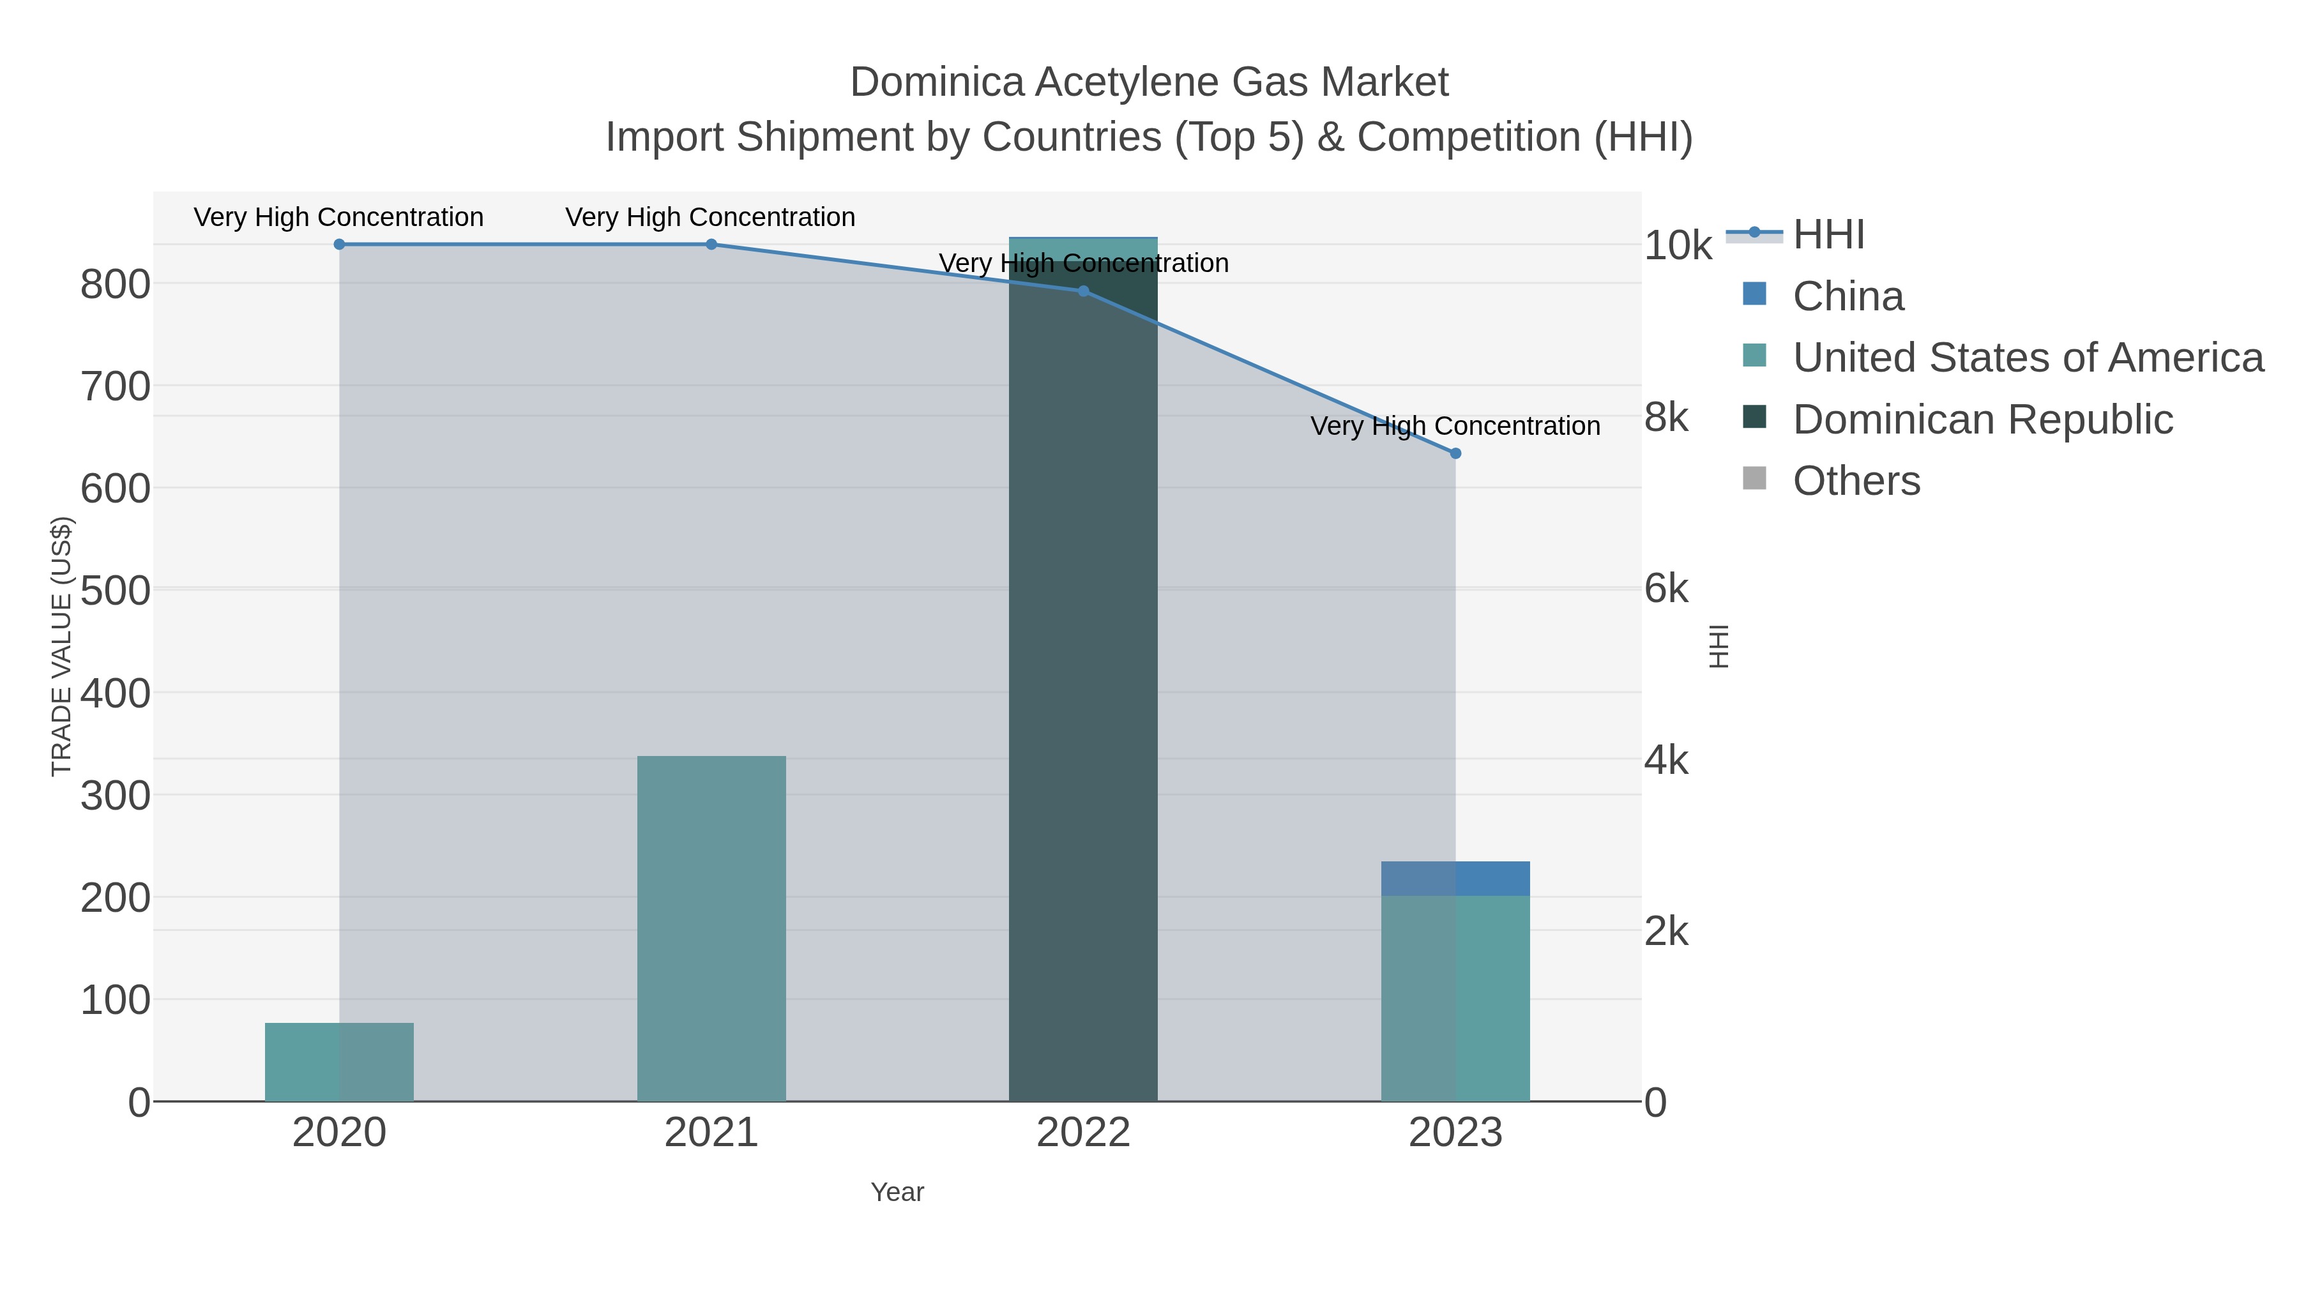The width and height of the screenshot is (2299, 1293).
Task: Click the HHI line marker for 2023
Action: (x=1455, y=453)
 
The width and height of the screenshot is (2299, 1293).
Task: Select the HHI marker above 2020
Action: (x=339, y=245)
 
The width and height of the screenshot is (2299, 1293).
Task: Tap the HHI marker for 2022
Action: (x=1082, y=291)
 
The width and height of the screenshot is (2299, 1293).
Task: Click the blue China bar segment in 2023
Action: (x=1455, y=879)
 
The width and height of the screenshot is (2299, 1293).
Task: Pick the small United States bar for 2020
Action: (x=339, y=1062)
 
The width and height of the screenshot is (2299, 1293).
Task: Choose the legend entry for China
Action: (x=1848, y=296)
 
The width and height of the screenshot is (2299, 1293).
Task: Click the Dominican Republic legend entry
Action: (x=1981, y=420)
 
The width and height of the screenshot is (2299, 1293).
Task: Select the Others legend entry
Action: (x=1856, y=481)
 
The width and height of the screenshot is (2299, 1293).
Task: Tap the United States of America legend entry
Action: (x=2026, y=358)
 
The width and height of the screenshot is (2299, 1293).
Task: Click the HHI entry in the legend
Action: (x=1828, y=235)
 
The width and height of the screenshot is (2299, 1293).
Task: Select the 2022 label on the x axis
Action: (x=1082, y=1133)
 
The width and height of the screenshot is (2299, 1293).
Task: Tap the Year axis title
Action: (x=897, y=1192)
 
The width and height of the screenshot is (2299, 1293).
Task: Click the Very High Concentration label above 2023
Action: (x=1455, y=427)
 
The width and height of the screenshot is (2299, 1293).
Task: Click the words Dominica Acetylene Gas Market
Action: (x=1149, y=82)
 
